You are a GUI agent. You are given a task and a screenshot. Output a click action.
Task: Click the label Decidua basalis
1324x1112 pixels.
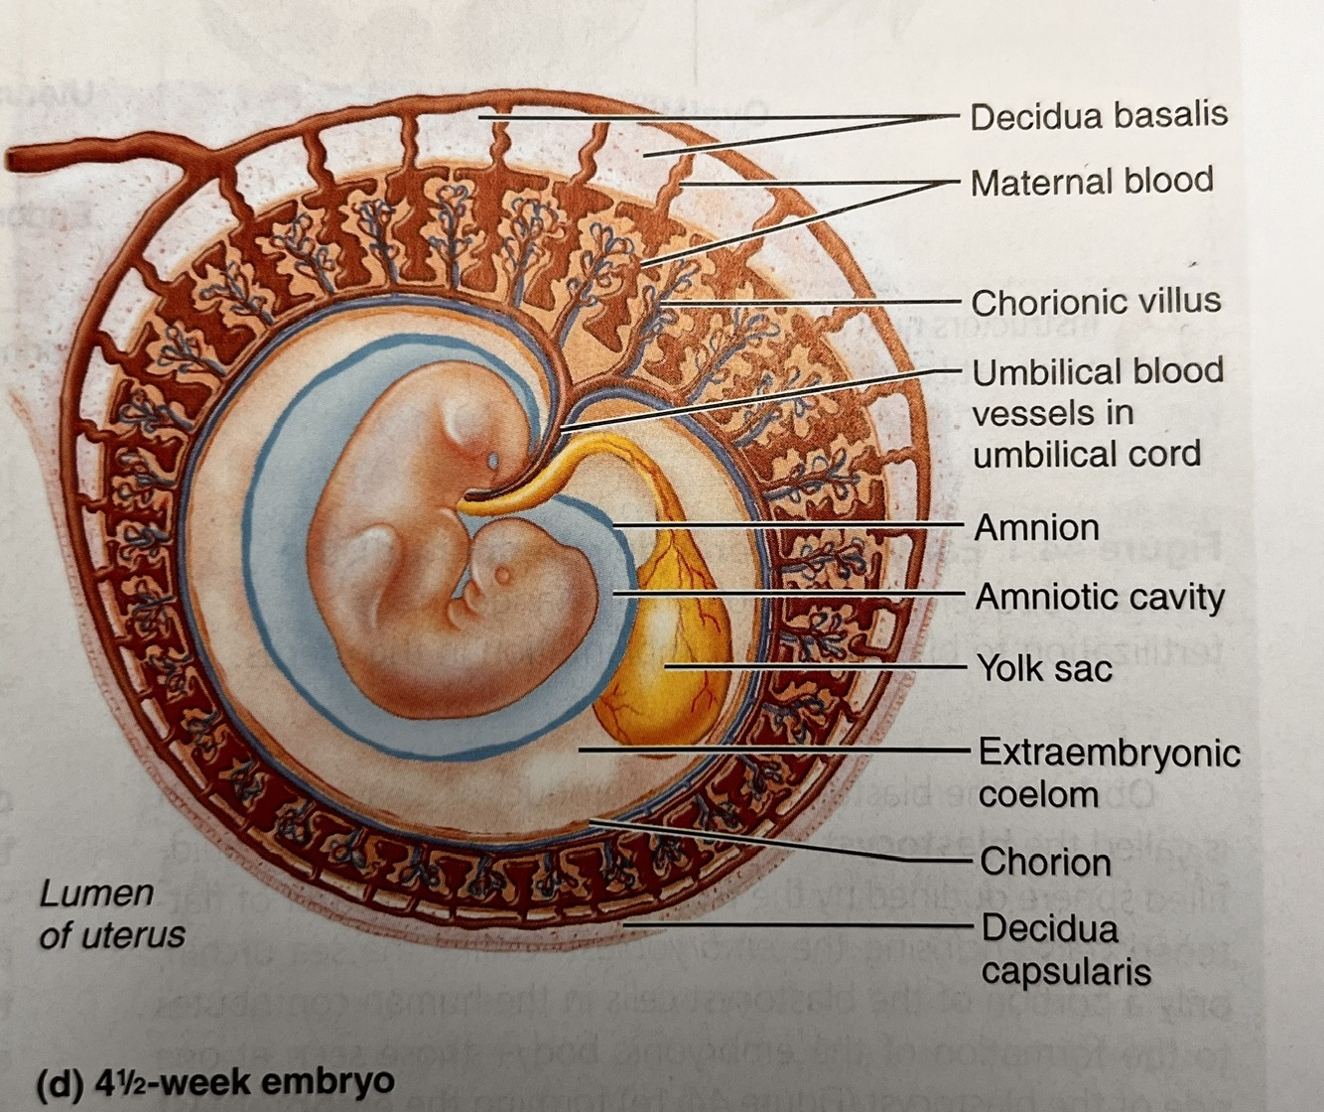[1098, 116]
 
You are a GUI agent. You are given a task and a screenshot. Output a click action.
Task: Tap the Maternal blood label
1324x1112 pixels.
[1091, 182]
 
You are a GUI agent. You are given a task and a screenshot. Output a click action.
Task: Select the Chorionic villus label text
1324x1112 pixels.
[1095, 302]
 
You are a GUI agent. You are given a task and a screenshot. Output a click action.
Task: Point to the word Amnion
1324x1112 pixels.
[1035, 527]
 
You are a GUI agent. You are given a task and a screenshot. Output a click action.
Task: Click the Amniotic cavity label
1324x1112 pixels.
[1099, 597]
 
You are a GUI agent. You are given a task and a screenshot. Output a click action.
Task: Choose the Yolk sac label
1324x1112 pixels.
[1044, 668]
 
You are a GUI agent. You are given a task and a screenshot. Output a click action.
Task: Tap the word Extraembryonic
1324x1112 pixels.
[1109, 752]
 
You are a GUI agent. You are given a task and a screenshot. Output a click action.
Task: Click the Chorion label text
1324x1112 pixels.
[1044, 862]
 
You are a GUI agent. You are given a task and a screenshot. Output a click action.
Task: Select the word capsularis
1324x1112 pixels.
[1066, 971]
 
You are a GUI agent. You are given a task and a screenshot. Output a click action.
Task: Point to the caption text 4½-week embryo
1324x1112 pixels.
[244, 1081]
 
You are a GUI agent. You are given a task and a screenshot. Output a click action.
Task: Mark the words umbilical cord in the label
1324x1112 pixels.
[1086, 455]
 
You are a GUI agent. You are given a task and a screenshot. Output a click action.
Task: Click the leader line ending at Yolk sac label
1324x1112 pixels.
[814, 667]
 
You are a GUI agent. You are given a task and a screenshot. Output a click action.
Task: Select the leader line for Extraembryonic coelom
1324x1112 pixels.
[774, 751]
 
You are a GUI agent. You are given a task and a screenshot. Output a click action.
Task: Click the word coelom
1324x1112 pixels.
[1037, 794]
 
